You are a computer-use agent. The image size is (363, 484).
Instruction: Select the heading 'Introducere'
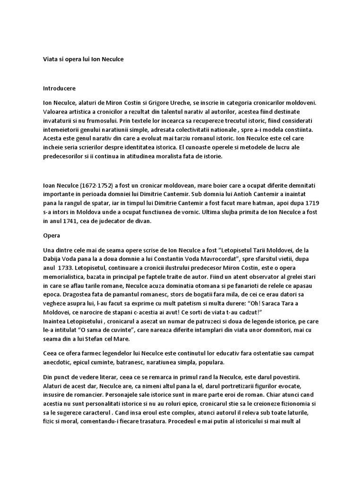(59, 88)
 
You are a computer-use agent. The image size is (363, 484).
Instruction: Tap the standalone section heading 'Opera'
(51, 234)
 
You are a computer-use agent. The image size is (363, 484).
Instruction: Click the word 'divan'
(155, 220)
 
